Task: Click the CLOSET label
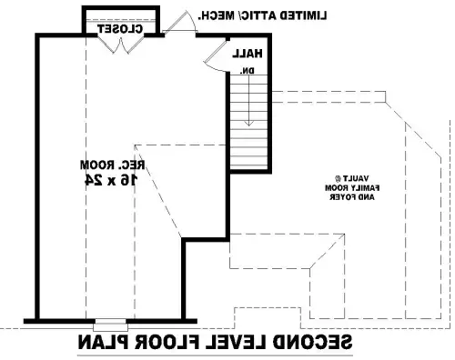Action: point(120,29)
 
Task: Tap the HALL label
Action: point(248,54)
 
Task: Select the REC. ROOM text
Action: point(113,165)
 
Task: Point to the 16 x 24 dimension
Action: point(111,180)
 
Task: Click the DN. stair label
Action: point(248,71)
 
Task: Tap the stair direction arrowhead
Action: point(249,124)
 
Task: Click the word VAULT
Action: point(352,178)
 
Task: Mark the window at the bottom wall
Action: point(111,325)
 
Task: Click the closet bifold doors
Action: point(121,45)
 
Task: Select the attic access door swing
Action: point(179,22)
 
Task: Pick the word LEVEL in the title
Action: point(236,342)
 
